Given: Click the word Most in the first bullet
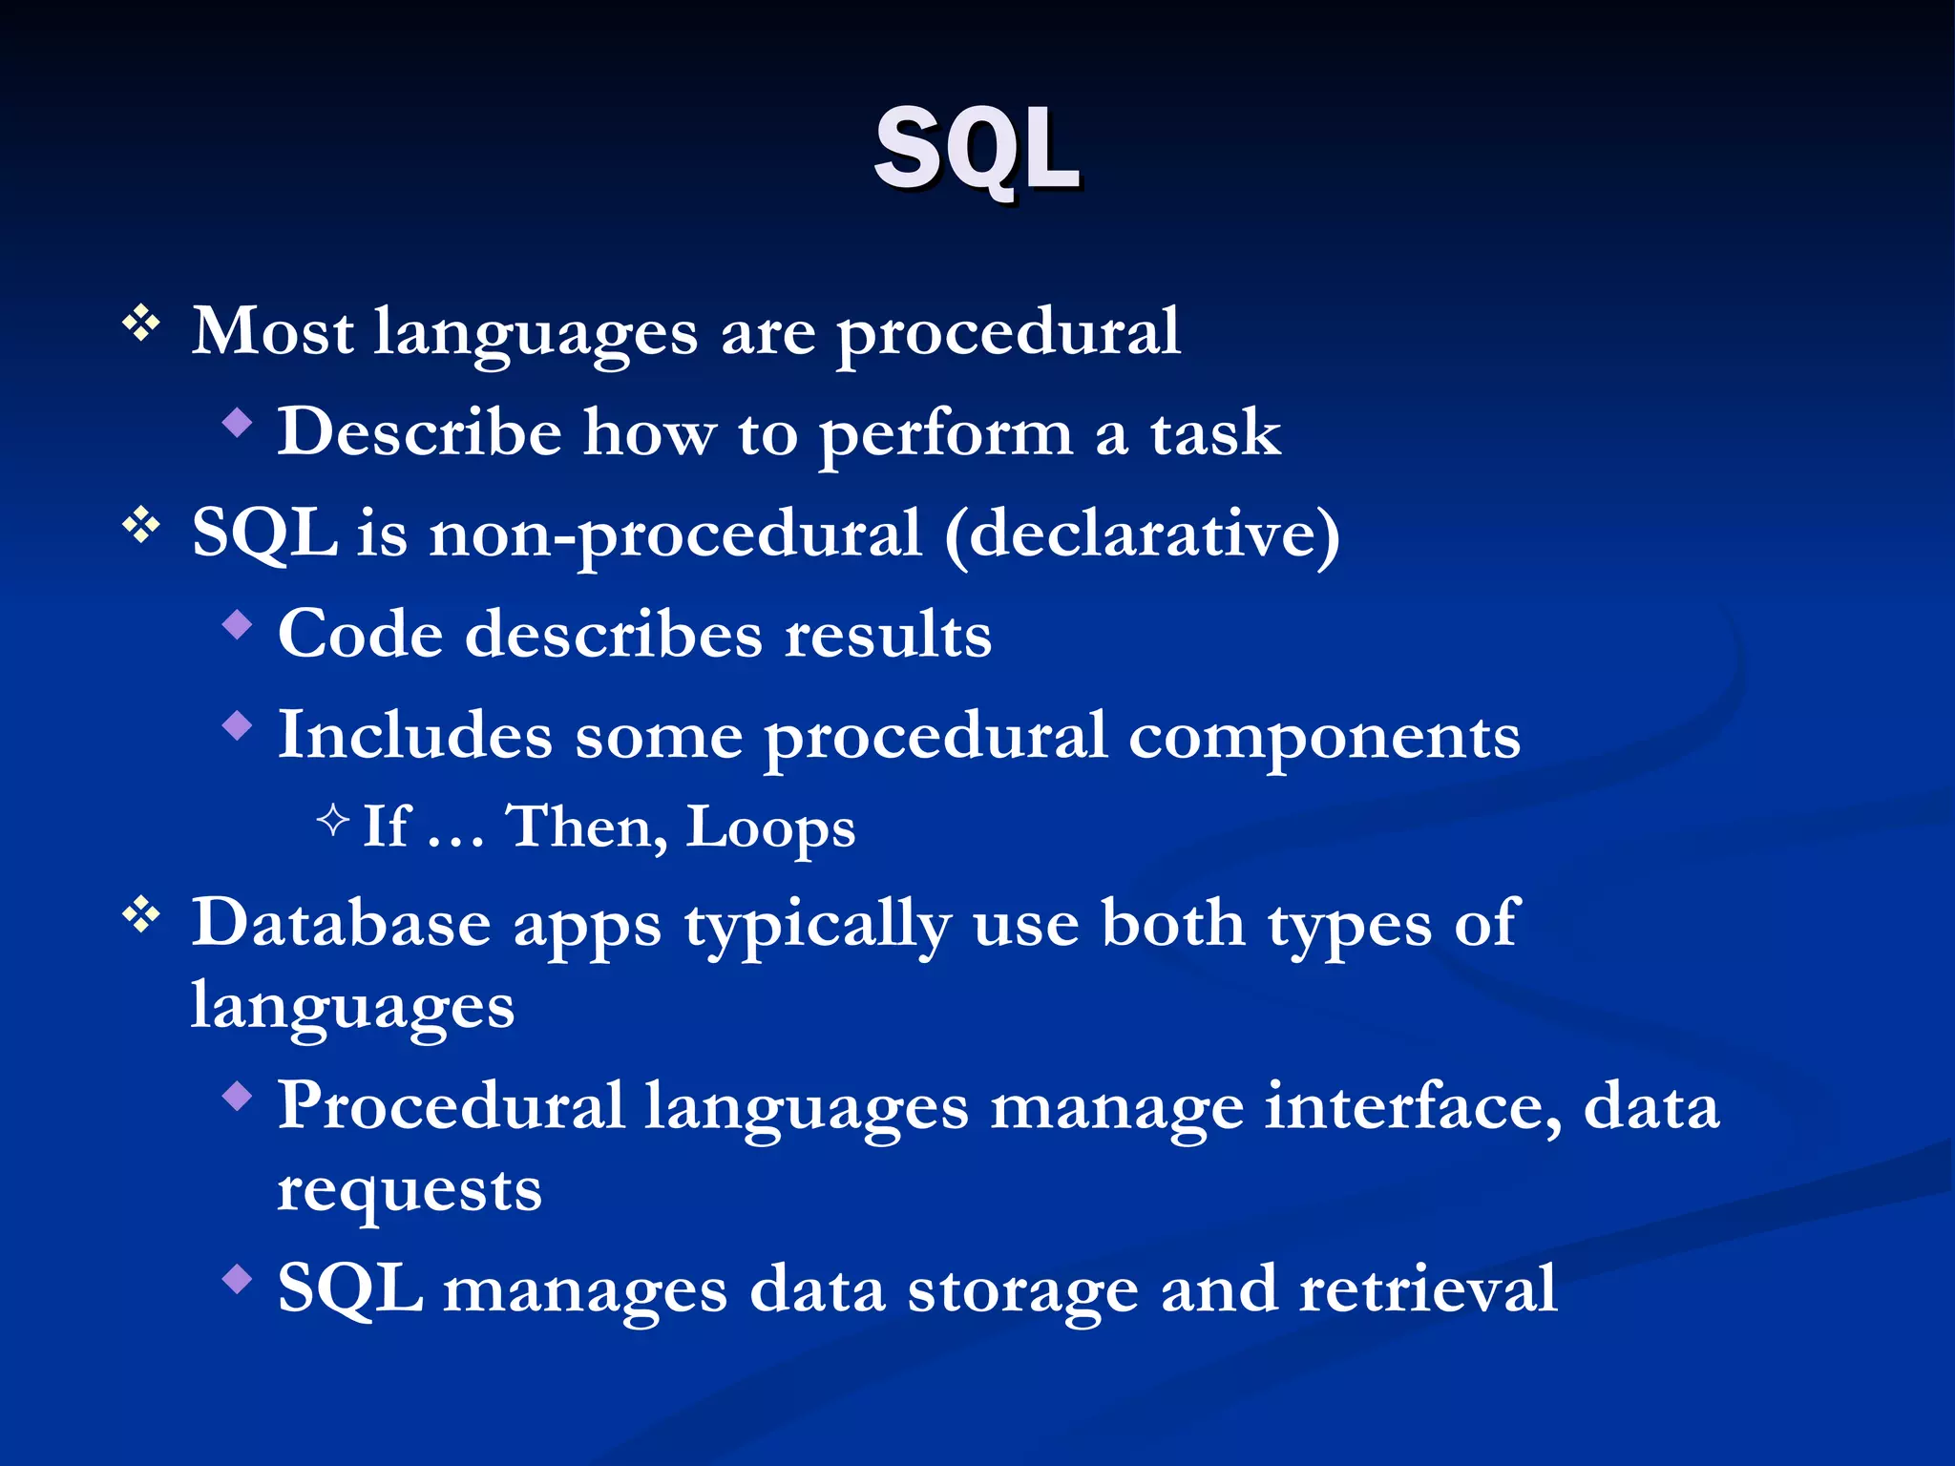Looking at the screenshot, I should coord(272,332).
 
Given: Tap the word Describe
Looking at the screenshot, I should coord(419,432).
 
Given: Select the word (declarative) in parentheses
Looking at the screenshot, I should coord(1142,534).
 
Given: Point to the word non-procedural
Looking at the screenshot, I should coord(675,534).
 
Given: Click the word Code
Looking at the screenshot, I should coord(360,635).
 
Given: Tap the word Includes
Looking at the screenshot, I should coord(414,736).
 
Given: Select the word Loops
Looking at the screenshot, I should coord(770,827).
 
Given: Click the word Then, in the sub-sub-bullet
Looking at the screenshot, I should coord(586,827).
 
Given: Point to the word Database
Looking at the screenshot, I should coord(341,924).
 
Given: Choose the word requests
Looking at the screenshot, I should coord(410,1191).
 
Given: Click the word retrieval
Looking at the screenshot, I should coord(1428,1290).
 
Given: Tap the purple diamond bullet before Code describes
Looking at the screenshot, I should coord(237,625).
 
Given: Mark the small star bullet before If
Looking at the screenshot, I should coord(332,819).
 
